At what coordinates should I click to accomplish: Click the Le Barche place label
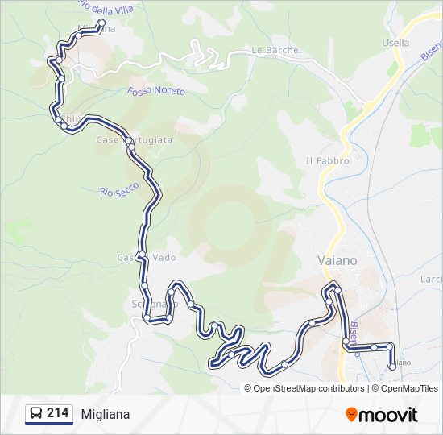point(275,50)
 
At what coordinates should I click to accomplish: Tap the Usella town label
point(396,43)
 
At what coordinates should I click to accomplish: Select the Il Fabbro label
point(327,160)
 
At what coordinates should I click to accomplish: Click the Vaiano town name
point(333,260)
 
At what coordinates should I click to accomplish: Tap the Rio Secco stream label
point(119,189)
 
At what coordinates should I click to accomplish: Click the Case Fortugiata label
point(134,140)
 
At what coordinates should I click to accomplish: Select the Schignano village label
point(152,304)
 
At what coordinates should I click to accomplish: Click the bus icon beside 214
point(36,414)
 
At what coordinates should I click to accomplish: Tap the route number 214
point(57,413)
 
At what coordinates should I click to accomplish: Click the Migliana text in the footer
point(105,414)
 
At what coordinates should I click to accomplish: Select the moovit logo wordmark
point(389,415)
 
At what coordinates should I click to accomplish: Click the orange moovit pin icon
point(351,415)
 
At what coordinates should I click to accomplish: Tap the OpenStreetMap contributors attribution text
point(307,388)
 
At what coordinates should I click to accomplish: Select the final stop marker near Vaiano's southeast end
point(392,366)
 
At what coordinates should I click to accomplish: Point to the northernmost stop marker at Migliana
point(101,23)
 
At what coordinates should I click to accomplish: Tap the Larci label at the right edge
point(431,279)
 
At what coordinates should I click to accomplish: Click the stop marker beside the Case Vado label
point(141,255)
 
